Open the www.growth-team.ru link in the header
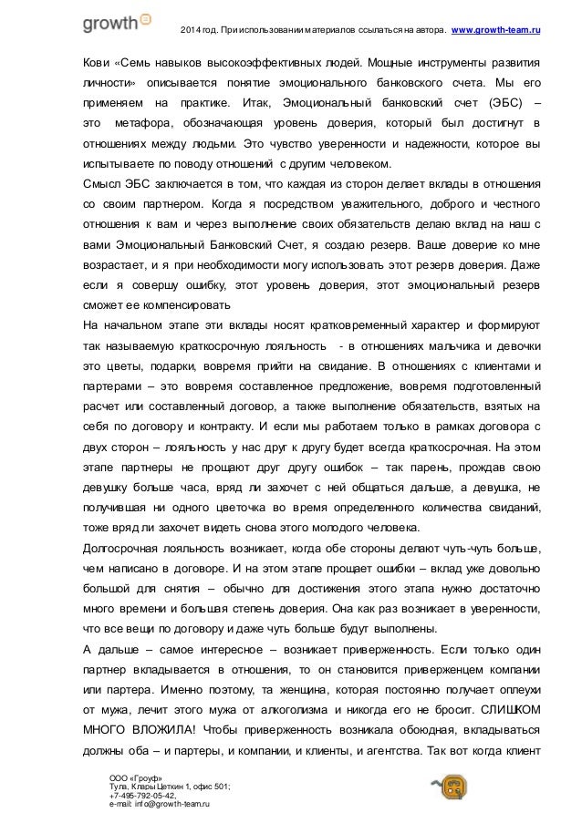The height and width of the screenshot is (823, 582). tap(498, 33)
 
